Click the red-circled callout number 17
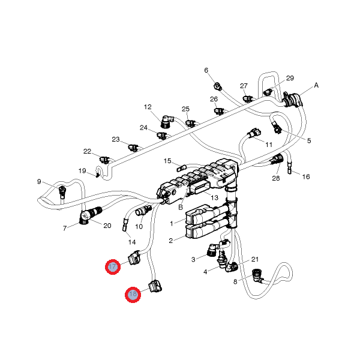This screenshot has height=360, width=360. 113,267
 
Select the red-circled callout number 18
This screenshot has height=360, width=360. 133,295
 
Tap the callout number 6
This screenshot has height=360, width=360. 206,70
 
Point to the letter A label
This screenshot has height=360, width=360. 316,85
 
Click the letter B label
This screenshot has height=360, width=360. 179,206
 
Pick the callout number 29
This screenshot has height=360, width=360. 290,79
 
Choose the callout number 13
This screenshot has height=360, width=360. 215,197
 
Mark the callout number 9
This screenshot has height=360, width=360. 39,182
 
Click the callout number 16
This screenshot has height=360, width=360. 306,177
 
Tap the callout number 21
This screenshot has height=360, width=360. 254,259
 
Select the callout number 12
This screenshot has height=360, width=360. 148,107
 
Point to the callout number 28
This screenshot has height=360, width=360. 276,179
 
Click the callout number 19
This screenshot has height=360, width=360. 82,171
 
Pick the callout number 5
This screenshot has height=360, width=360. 309,141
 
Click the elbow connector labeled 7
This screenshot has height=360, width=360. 83,219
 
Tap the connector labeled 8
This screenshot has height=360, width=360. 258,276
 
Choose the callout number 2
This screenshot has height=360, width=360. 171,241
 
